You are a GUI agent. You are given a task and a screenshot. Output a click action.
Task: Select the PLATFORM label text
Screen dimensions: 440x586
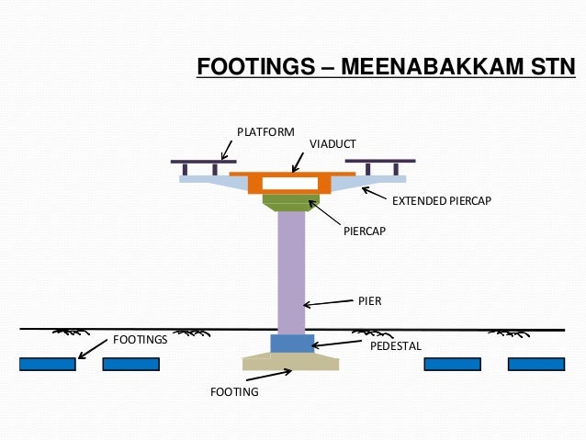coord(265,132)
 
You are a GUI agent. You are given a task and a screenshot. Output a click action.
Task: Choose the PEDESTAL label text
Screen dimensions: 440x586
coord(395,346)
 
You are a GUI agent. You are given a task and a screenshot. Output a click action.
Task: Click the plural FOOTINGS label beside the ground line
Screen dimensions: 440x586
coord(140,340)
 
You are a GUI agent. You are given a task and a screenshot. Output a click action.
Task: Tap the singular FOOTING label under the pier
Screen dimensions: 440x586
coord(234,392)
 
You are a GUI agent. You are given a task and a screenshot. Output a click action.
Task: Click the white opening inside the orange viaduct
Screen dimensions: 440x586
coord(291,183)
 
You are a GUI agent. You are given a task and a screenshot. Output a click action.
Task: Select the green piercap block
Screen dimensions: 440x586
coord(291,200)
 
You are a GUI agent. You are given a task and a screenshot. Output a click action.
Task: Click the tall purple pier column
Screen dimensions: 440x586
coord(291,271)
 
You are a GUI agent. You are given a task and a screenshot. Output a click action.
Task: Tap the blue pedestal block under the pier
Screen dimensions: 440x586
coord(291,344)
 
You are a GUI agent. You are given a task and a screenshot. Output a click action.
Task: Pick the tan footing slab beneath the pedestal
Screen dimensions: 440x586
coord(291,362)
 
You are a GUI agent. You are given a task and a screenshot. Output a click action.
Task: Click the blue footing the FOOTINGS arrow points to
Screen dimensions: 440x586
coord(47,365)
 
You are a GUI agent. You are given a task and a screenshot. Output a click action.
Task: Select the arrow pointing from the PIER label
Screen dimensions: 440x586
coord(329,303)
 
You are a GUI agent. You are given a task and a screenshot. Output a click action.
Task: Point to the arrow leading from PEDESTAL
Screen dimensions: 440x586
coord(338,344)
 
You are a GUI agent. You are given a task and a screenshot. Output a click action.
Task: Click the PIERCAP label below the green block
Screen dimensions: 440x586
coord(365,231)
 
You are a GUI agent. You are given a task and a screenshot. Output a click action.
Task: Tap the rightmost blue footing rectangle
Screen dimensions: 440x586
coord(535,365)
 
